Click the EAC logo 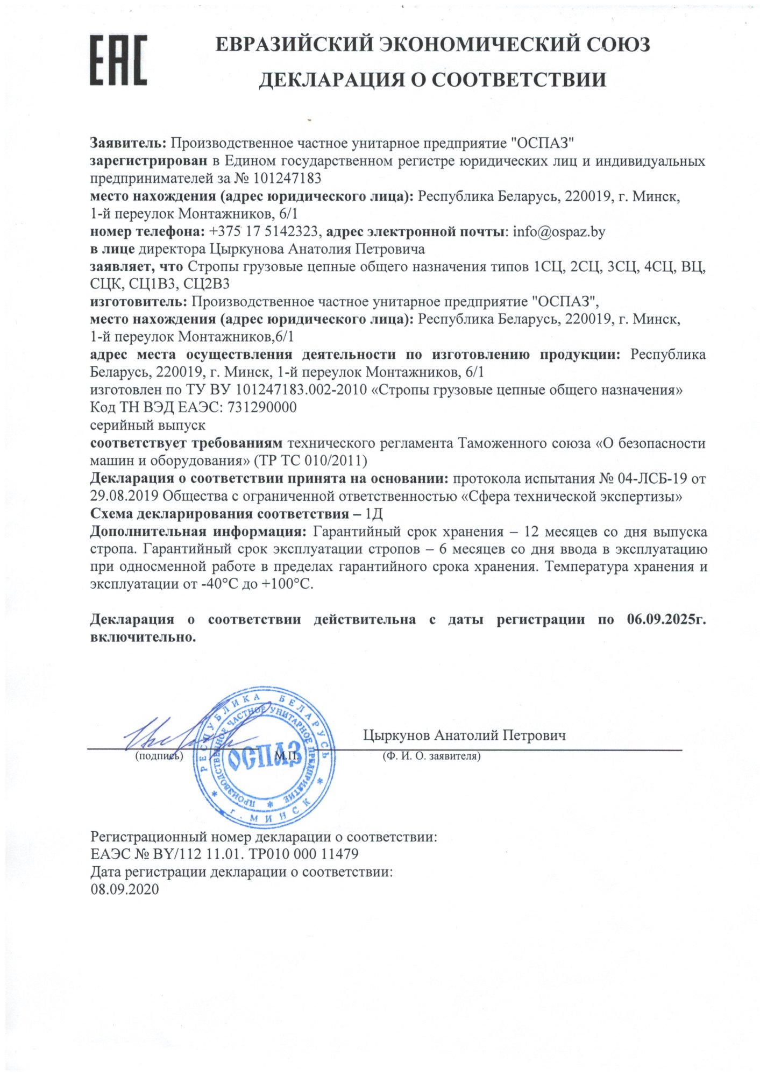118,60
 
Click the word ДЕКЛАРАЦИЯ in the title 332,80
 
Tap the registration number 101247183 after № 287,178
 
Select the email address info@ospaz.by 559,232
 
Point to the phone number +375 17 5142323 266,232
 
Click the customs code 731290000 262,407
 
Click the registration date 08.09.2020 125,889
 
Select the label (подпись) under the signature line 159,756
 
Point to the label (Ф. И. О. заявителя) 431,756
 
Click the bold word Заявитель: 128,143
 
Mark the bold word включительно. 143,638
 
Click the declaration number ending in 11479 224,854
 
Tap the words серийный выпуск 147,425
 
